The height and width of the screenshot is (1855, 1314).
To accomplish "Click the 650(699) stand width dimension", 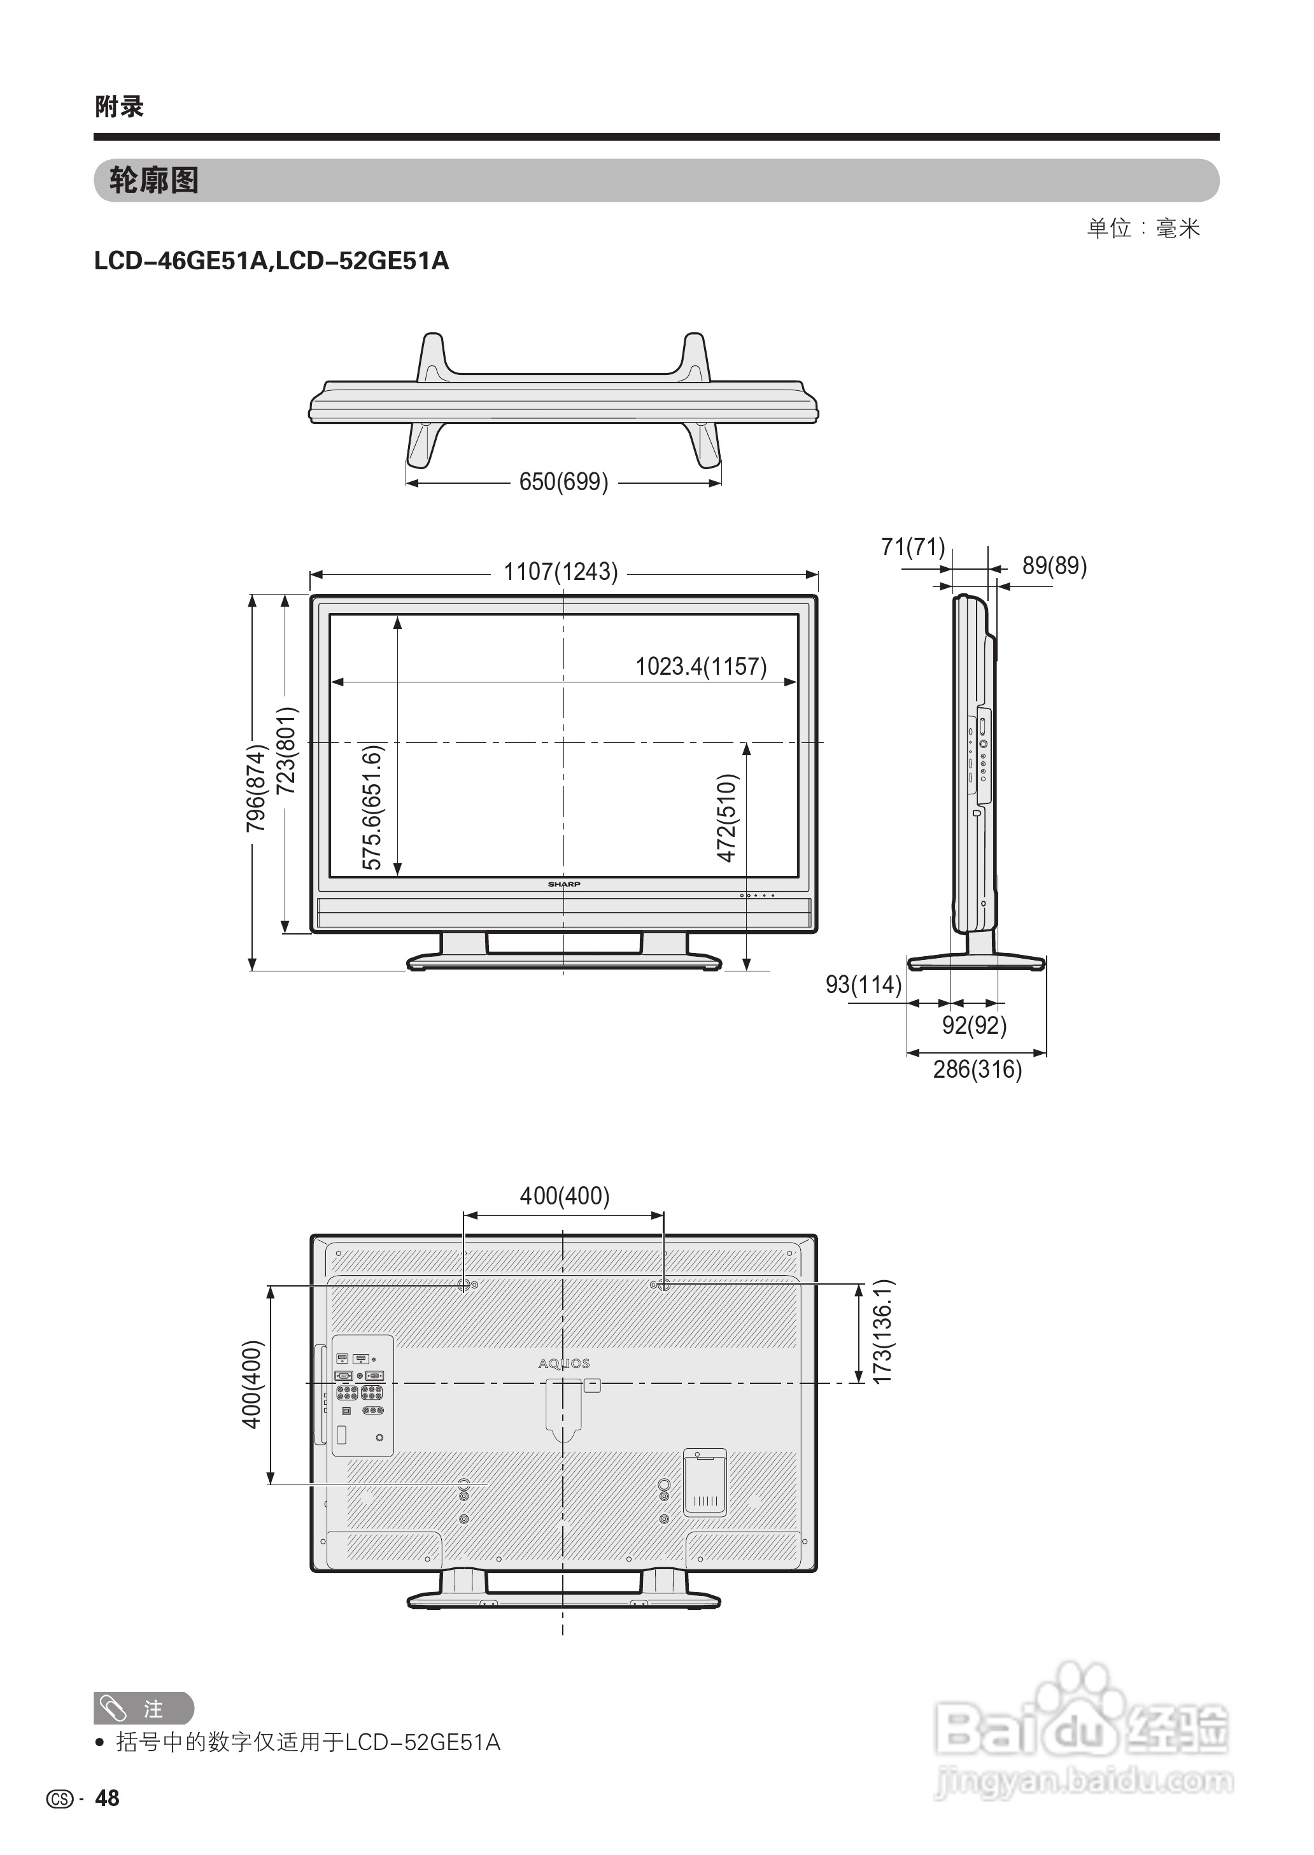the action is (563, 482).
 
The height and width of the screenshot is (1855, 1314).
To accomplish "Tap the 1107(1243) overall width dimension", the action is (561, 572).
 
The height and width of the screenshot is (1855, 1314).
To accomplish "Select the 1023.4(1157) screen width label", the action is (701, 667).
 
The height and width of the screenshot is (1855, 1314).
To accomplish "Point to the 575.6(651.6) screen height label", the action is (372, 807).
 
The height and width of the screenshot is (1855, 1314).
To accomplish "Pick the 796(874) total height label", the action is (256, 789).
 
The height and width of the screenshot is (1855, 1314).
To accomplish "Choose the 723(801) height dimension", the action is (286, 750).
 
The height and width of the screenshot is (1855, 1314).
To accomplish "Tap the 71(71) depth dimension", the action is (914, 547).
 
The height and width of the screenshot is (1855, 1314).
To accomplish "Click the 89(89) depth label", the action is (1054, 565).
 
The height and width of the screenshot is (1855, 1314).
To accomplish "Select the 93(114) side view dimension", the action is (863, 985).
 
